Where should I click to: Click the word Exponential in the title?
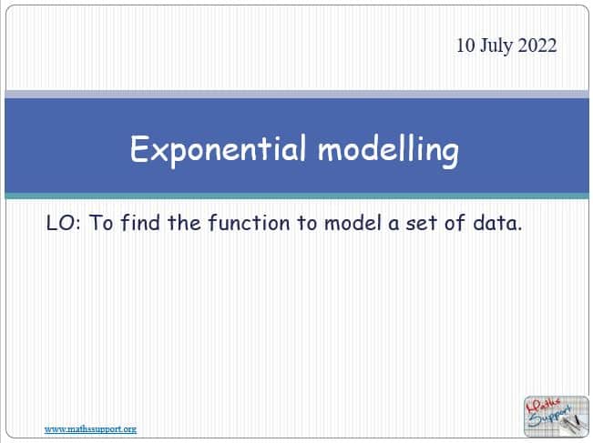(x=218, y=150)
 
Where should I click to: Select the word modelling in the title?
(x=388, y=150)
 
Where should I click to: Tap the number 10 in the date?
(x=465, y=45)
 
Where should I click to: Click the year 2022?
(x=537, y=45)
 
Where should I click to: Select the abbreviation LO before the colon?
(x=59, y=223)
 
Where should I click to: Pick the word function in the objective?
(x=249, y=222)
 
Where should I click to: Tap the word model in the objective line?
(x=353, y=223)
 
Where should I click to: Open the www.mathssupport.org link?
(x=90, y=429)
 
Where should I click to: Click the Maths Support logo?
(x=556, y=417)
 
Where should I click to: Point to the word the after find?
(x=184, y=222)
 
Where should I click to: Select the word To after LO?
(x=100, y=223)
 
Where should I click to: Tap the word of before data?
(x=455, y=222)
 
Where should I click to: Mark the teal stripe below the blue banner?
(x=297, y=196)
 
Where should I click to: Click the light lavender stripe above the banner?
(x=297, y=95)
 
